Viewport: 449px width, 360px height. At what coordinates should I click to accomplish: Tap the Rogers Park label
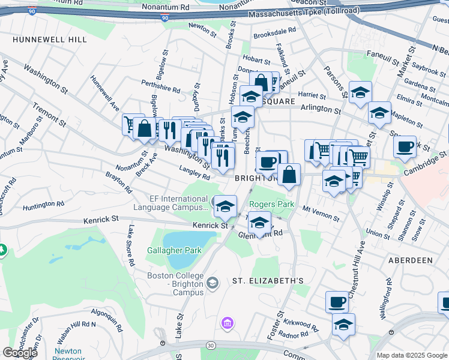coord(272,204)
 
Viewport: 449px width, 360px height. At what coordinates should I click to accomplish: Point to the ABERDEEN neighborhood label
coord(411,260)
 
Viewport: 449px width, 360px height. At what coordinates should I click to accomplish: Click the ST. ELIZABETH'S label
coord(264,281)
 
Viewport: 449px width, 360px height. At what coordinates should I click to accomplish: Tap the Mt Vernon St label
coord(316,211)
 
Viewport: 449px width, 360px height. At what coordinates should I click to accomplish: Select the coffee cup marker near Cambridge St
coord(405,146)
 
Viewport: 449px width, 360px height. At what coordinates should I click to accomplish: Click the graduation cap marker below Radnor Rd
coord(343,325)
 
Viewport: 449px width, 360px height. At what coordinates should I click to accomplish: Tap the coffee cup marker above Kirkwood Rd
coord(337,301)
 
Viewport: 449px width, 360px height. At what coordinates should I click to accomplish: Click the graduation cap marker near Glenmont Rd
coord(259,222)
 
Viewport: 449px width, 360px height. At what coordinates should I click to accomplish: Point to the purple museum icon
coord(227,325)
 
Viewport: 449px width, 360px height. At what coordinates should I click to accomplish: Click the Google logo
coord(20,353)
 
